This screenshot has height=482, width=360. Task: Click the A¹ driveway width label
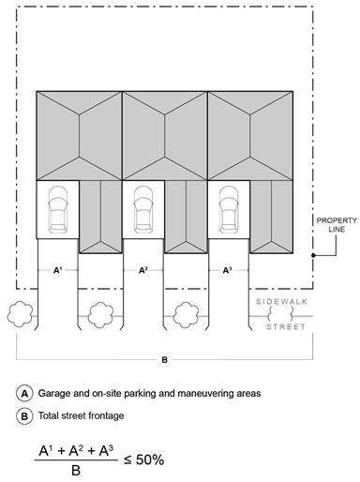(x=57, y=270)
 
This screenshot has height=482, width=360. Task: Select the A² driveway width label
(x=143, y=270)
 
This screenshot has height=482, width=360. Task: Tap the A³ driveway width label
(x=228, y=270)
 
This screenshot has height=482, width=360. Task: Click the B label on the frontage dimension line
(x=164, y=360)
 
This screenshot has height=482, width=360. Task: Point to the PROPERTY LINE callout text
(x=337, y=225)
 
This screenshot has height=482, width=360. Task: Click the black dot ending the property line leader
(x=313, y=255)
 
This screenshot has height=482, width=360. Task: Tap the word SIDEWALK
(x=281, y=302)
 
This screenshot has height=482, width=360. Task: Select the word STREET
(x=286, y=327)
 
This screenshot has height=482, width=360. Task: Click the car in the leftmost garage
(x=58, y=209)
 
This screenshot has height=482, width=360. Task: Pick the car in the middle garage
(x=143, y=209)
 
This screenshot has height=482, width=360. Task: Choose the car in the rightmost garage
(x=229, y=209)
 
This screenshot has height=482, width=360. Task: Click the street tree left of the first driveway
(x=20, y=314)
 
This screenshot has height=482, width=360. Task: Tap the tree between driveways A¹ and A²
(x=100, y=315)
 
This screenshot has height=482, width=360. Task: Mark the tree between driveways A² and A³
(x=186, y=315)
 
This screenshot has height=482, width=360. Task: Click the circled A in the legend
(x=24, y=394)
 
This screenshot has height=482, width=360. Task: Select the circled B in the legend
(x=24, y=416)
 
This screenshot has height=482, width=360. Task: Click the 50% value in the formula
(x=150, y=459)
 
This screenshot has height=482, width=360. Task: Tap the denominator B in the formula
(x=76, y=470)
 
